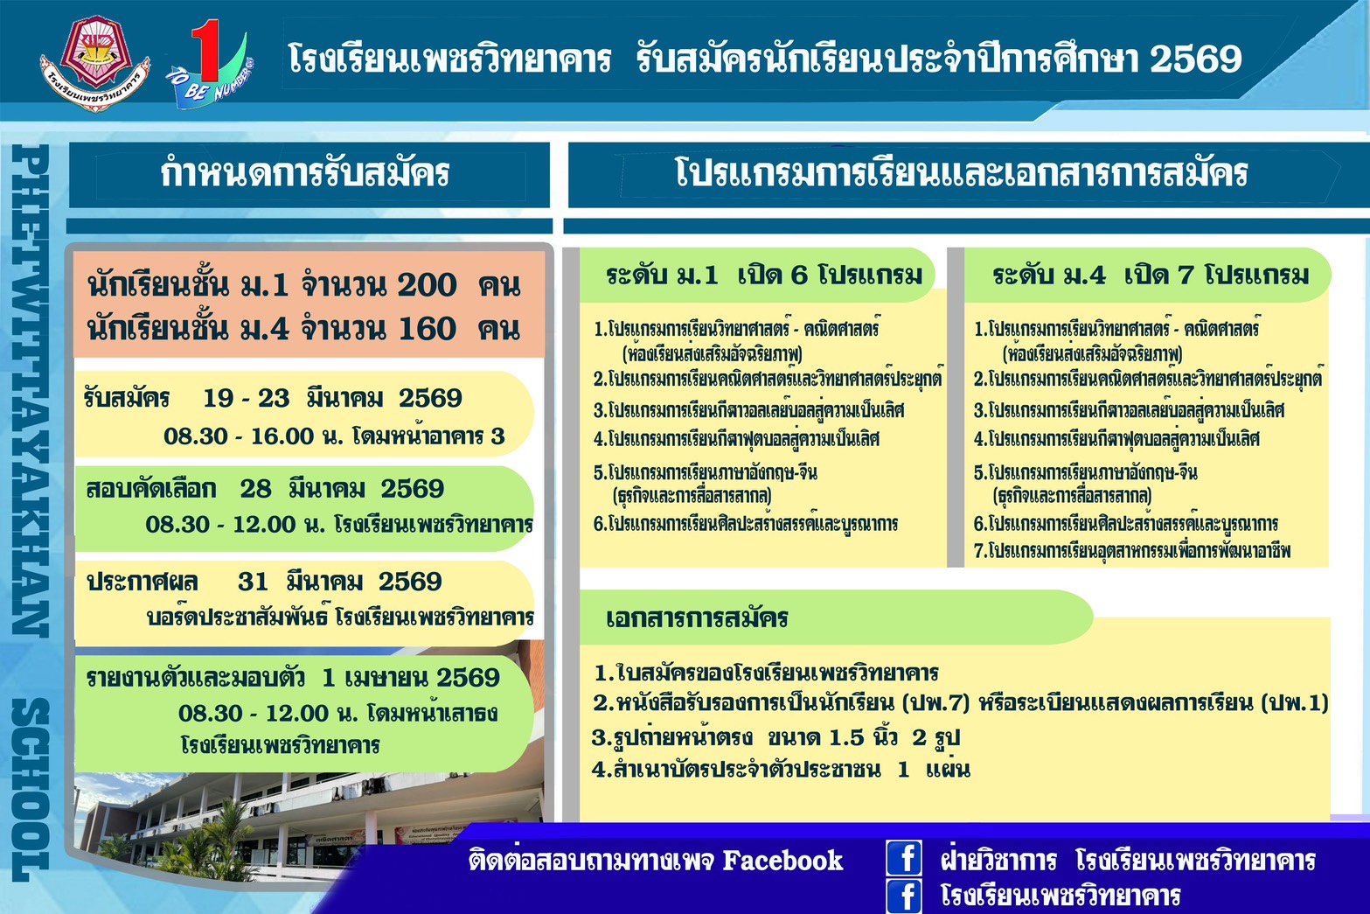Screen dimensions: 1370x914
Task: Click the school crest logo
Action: tap(94, 63)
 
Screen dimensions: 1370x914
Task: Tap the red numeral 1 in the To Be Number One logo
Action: tap(207, 50)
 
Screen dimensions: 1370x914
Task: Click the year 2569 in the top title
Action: tap(1196, 59)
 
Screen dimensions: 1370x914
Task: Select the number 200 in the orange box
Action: tap(427, 285)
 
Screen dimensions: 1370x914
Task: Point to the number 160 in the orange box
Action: tap(427, 329)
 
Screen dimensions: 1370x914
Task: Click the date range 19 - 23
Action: tap(246, 399)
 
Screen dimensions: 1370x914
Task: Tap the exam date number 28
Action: tap(255, 489)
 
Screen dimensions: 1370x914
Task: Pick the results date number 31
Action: tap(253, 582)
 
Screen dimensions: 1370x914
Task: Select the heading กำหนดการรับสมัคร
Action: tap(305, 173)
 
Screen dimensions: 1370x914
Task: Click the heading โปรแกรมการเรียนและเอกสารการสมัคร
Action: tap(962, 172)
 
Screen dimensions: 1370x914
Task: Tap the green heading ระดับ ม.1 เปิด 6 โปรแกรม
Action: tap(764, 276)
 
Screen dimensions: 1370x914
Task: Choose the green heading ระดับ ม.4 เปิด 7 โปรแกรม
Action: tap(1151, 276)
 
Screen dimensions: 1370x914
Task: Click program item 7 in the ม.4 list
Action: tap(1131, 551)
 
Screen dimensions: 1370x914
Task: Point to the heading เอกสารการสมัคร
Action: tap(697, 617)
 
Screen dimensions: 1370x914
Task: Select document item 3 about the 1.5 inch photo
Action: tap(775, 738)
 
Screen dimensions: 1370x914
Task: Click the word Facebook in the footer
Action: tap(782, 861)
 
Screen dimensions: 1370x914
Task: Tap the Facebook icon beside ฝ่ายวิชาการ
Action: tap(904, 858)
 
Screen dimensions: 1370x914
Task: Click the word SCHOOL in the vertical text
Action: tap(31, 789)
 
